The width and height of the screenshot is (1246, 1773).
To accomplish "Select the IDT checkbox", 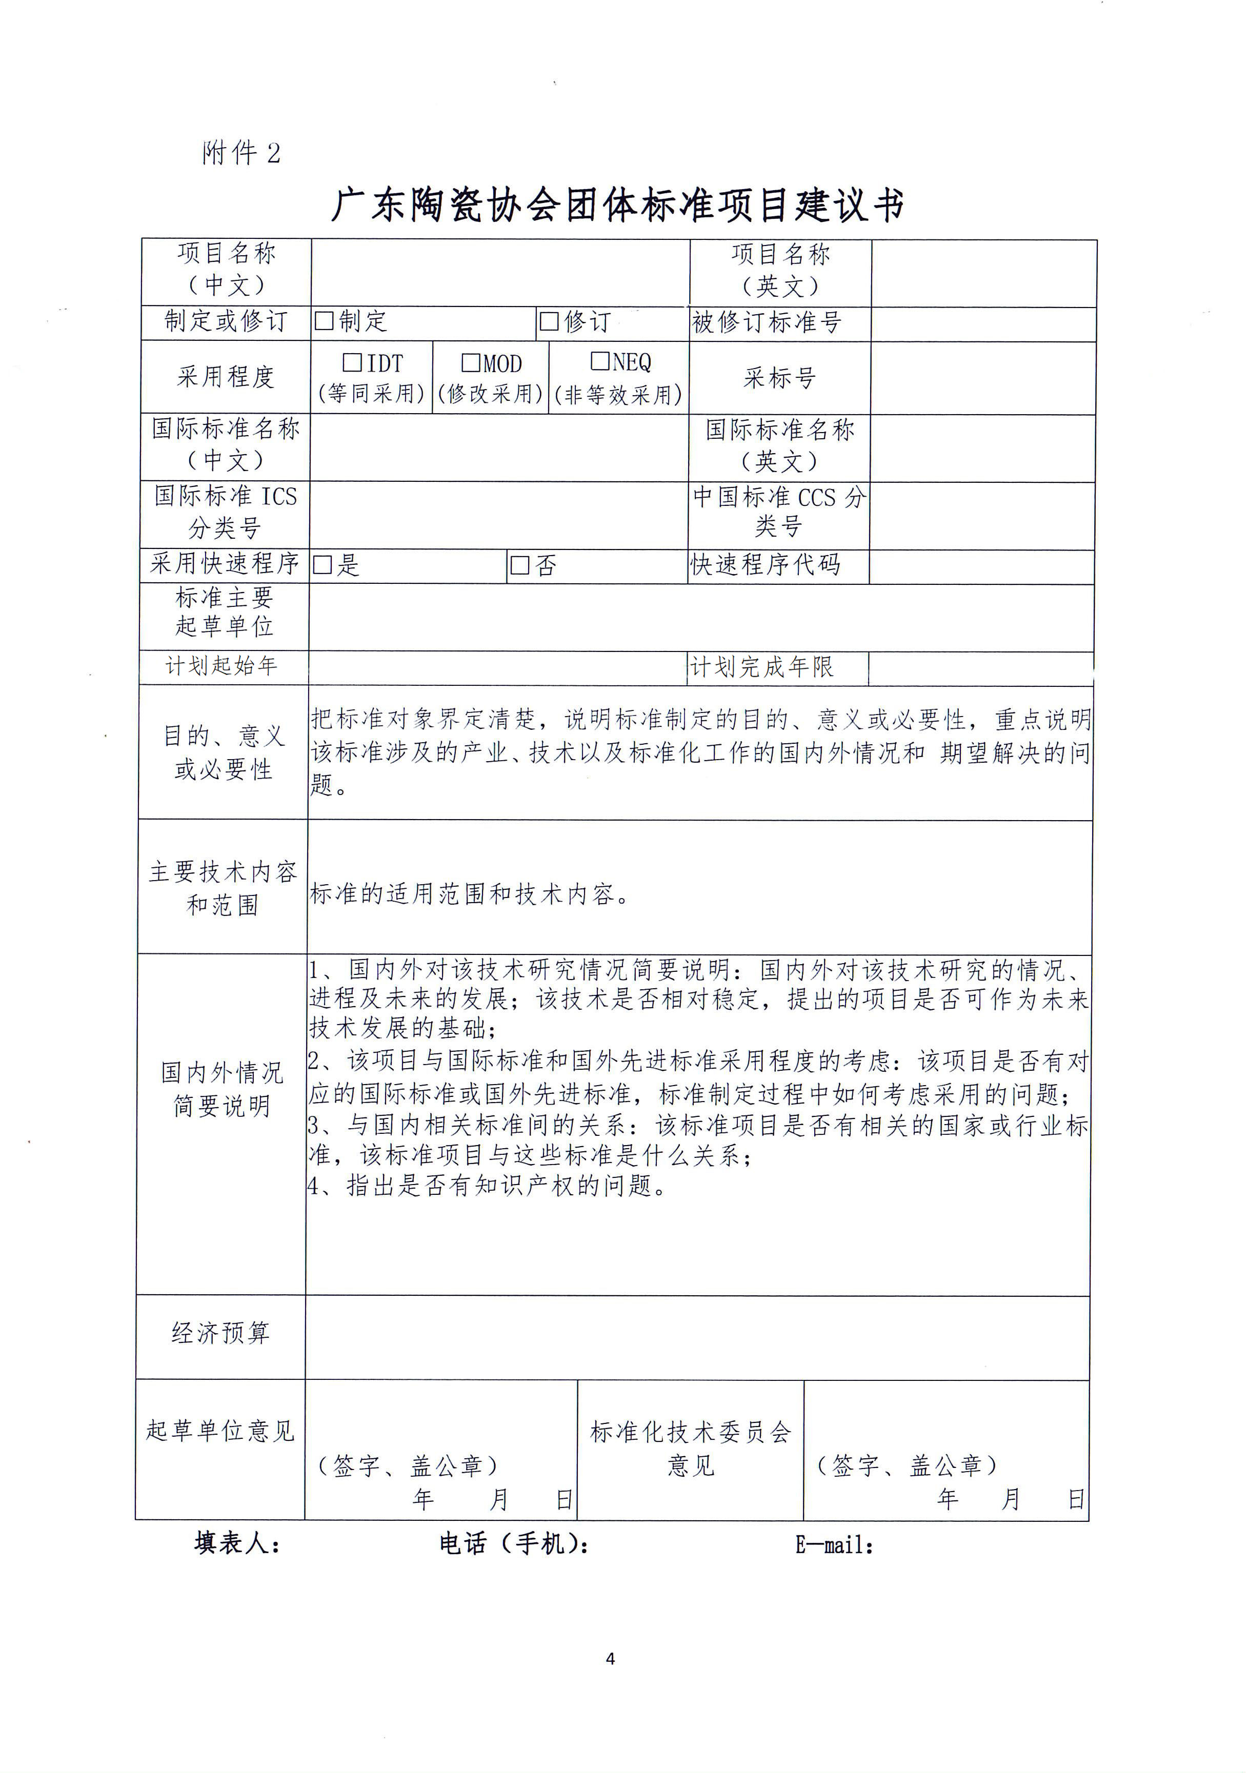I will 352,362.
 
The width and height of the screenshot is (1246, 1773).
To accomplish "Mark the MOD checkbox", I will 470,362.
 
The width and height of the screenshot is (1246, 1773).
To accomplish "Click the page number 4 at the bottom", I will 610,1659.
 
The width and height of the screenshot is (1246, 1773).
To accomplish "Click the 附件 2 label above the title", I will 241,153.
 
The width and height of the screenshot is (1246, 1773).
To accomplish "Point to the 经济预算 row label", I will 221,1333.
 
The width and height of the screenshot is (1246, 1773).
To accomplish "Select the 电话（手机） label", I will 514,1544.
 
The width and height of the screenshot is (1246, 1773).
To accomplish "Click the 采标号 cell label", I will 779,378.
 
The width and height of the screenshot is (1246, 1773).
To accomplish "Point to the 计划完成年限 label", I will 761,667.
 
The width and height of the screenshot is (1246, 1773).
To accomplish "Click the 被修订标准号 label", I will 766,322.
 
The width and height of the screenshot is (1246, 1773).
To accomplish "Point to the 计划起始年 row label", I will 221,666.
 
